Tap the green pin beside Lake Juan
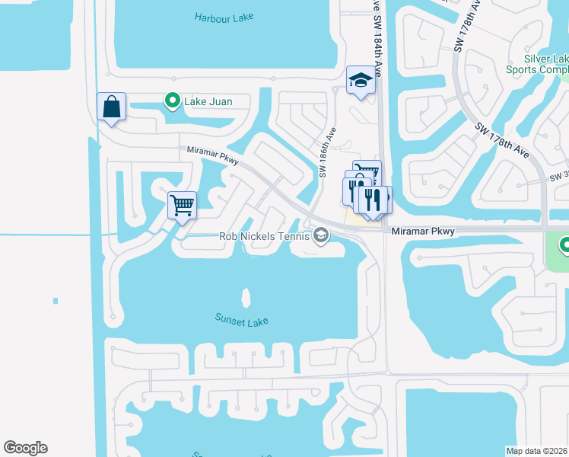[x=173, y=100]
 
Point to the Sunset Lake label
[x=242, y=321]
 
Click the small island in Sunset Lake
[x=246, y=296]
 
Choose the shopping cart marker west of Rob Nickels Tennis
[x=182, y=204]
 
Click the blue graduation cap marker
[x=361, y=80]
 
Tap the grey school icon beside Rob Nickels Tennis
[x=321, y=235]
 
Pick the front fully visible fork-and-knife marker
[x=372, y=200]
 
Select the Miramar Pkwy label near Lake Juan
[x=213, y=156]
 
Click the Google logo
[x=26, y=447]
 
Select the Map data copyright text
[x=536, y=451]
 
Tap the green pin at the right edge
[x=564, y=247]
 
